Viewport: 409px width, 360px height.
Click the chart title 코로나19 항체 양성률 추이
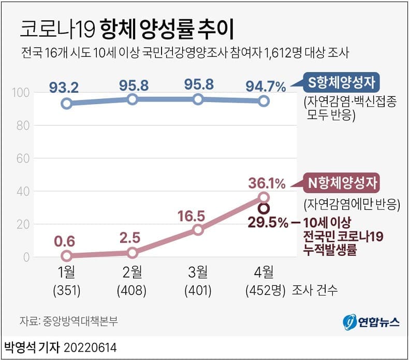point(126,30)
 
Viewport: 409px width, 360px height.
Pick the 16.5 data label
point(198,215)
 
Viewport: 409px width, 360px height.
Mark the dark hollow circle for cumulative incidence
point(264,208)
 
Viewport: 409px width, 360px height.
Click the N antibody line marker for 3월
point(198,229)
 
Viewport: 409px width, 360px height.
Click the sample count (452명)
point(265,290)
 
